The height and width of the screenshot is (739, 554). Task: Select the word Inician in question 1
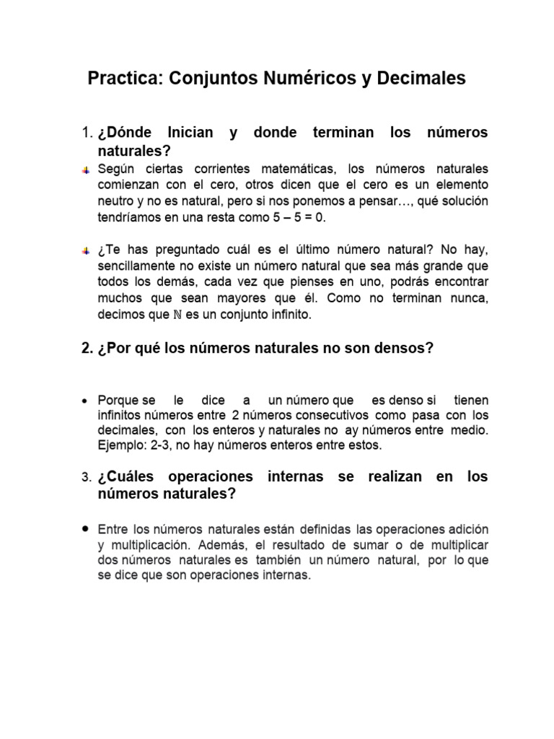tap(190, 134)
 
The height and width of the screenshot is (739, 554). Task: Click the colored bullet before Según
tap(86, 170)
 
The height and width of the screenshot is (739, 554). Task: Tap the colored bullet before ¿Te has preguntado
tap(86, 250)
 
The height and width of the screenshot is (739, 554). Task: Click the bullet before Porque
tap(86, 401)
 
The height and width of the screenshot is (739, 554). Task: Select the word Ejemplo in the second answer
tap(119, 445)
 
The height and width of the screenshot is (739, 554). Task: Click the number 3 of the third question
tap(85, 478)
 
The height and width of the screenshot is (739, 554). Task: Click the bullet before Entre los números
tap(86, 528)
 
